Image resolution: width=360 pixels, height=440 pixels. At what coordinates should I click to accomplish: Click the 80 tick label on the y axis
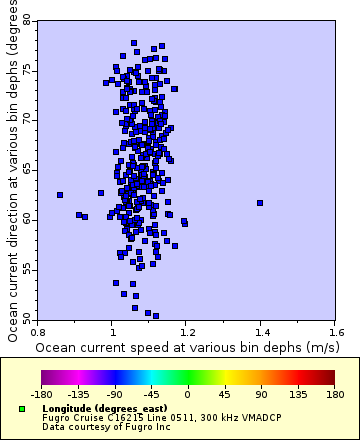tap(27, 20)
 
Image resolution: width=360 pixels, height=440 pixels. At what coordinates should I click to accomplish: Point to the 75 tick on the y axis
tap(27, 70)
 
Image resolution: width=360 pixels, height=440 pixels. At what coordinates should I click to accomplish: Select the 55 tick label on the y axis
tap(27, 269)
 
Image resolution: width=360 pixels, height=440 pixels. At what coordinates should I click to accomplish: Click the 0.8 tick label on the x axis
tap(39, 330)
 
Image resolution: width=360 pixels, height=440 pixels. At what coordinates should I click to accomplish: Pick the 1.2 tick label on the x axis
tap(187, 330)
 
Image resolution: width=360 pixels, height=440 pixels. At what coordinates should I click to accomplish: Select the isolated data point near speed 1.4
tap(260, 203)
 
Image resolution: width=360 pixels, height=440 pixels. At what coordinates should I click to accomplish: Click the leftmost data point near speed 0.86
tap(60, 195)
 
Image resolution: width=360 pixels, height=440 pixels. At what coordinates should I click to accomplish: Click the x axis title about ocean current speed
tap(186, 346)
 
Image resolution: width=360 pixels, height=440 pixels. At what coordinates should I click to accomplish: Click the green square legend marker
tap(22, 409)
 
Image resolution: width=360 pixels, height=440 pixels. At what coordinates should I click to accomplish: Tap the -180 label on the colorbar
tap(42, 395)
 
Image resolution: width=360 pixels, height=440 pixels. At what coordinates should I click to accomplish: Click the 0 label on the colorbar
tap(187, 395)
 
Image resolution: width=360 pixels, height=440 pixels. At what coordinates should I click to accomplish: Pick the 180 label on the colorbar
tap(331, 395)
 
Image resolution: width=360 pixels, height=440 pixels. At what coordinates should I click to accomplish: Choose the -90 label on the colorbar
tap(114, 395)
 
